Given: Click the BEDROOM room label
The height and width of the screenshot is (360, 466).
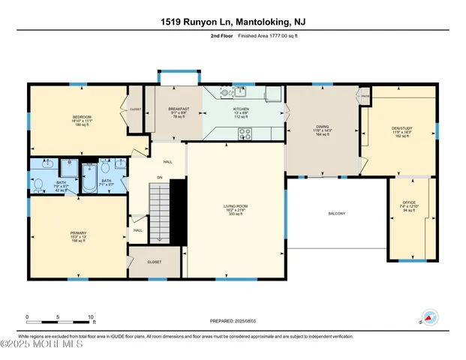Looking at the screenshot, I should (82, 117).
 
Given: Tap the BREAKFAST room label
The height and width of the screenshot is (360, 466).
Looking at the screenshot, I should (179, 109).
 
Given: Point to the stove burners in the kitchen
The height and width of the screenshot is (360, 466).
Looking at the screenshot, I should (245, 134).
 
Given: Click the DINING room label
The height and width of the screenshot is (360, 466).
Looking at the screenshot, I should (323, 127).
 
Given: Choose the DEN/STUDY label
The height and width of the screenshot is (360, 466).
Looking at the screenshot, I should (404, 127).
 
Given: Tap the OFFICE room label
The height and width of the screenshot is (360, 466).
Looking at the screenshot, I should (409, 202).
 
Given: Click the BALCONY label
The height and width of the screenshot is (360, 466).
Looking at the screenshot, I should (336, 214).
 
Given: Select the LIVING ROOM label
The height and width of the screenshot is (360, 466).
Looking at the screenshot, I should (236, 205).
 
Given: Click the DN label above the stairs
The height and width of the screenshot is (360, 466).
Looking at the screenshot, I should (159, 177).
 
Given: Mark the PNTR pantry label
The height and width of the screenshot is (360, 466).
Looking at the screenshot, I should (365, 96).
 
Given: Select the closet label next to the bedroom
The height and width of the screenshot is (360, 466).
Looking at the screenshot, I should (136, 109).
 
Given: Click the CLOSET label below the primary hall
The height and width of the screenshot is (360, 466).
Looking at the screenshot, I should (155, 262).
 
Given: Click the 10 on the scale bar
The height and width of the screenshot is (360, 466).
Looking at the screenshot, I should (92, 317).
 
